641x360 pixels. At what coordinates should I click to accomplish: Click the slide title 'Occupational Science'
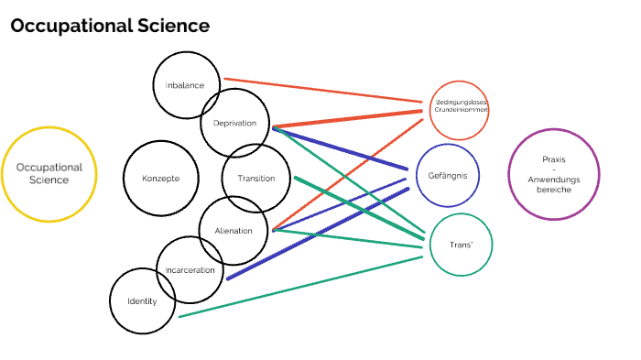click(110, 27)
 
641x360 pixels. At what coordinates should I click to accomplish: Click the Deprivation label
click(234, 124)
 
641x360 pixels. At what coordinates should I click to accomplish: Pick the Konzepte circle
click(160, 178)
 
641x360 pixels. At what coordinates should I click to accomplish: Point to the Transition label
click(255, 178)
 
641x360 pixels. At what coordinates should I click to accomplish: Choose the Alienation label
click(233, 231)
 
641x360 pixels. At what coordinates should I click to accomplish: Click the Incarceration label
click(190, 270)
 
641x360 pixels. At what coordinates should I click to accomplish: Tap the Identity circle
click(142, 301)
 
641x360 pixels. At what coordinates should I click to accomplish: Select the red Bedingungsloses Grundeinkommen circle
click(460, 110)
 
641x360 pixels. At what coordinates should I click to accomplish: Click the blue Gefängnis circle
click(448, 174)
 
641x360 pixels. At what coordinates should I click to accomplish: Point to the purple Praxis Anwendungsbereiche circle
click(553, 174)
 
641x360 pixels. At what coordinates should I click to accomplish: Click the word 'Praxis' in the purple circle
click(553, 158)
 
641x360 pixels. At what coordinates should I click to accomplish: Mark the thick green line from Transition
click(357, 206)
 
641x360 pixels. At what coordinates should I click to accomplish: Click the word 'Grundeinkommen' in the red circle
click(461, 109)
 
